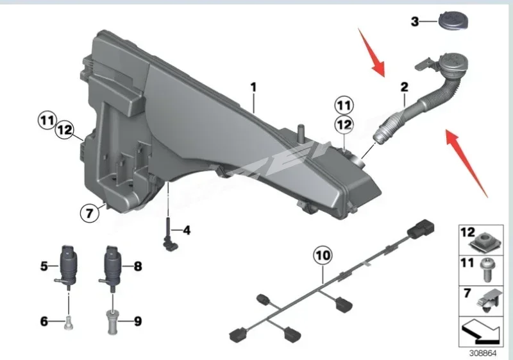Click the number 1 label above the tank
pos(253,85)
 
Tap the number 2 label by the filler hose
pos(404,87)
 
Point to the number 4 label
pos(187,229)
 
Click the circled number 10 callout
pos(323,255)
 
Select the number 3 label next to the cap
pos(415,22)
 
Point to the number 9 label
pos(137,320)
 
